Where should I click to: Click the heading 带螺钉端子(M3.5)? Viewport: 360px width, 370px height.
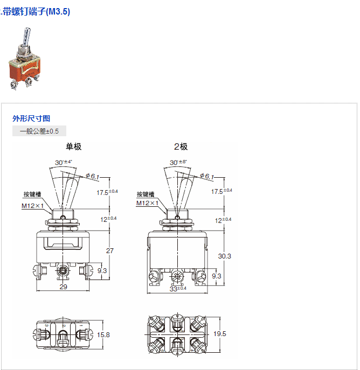(36, 11)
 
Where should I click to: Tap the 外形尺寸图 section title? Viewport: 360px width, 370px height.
(31, 118)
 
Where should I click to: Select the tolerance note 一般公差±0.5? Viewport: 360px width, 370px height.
(39, 131)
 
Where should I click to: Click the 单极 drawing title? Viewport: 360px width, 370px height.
(74, 146)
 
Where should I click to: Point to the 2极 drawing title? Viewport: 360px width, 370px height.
(181, 146)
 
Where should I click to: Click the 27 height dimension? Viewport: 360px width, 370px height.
(110, 250)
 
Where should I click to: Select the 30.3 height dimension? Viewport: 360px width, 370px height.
(225, 256)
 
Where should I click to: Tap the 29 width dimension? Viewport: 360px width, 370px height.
(63, 287)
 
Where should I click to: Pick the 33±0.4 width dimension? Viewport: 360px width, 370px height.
(178, 289)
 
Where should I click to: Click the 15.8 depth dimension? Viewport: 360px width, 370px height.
(103, 334)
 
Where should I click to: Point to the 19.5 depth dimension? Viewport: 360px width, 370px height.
(220, 334)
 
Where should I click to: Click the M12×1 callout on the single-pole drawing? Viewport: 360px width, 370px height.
(32, 206)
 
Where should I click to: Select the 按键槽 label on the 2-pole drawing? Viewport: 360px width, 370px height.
(146, 194)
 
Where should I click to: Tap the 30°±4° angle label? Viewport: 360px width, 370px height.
(64, 162)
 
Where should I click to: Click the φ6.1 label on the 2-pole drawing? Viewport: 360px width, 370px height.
(207, 176)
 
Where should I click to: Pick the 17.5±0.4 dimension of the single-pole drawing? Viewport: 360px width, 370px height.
(107, 192)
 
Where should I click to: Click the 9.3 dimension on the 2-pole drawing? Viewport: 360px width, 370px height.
(217, 276)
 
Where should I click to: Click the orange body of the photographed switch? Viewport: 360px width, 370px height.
(24, 69)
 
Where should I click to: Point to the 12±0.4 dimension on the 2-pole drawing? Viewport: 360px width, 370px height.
(223, 220)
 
